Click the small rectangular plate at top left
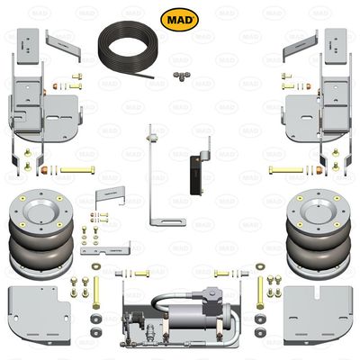coord(29,41)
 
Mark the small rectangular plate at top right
coord(335,41)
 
